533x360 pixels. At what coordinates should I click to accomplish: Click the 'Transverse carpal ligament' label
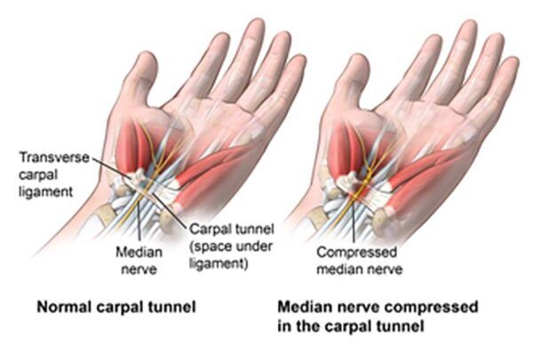(53, 174)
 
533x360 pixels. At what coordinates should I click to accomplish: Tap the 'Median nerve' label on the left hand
(139, 260)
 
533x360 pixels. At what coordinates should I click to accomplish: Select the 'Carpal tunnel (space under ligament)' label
(231, 246)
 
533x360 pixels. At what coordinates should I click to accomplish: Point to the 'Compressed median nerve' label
(359, 260)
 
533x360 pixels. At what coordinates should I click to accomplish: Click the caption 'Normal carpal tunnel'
(116, 307)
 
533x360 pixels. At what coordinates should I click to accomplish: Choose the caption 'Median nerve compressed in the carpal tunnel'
(378, 316)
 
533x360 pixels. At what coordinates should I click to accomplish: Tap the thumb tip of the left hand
(147, 55)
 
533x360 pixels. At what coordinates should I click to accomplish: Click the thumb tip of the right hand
(357, 58)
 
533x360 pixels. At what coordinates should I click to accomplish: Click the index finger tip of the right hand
(434, 38)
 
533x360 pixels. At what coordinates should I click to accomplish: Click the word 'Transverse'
(54, 157)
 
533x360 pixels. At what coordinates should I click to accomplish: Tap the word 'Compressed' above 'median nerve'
(356, 252)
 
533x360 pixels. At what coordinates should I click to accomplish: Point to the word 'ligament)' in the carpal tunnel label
(219, 263)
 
